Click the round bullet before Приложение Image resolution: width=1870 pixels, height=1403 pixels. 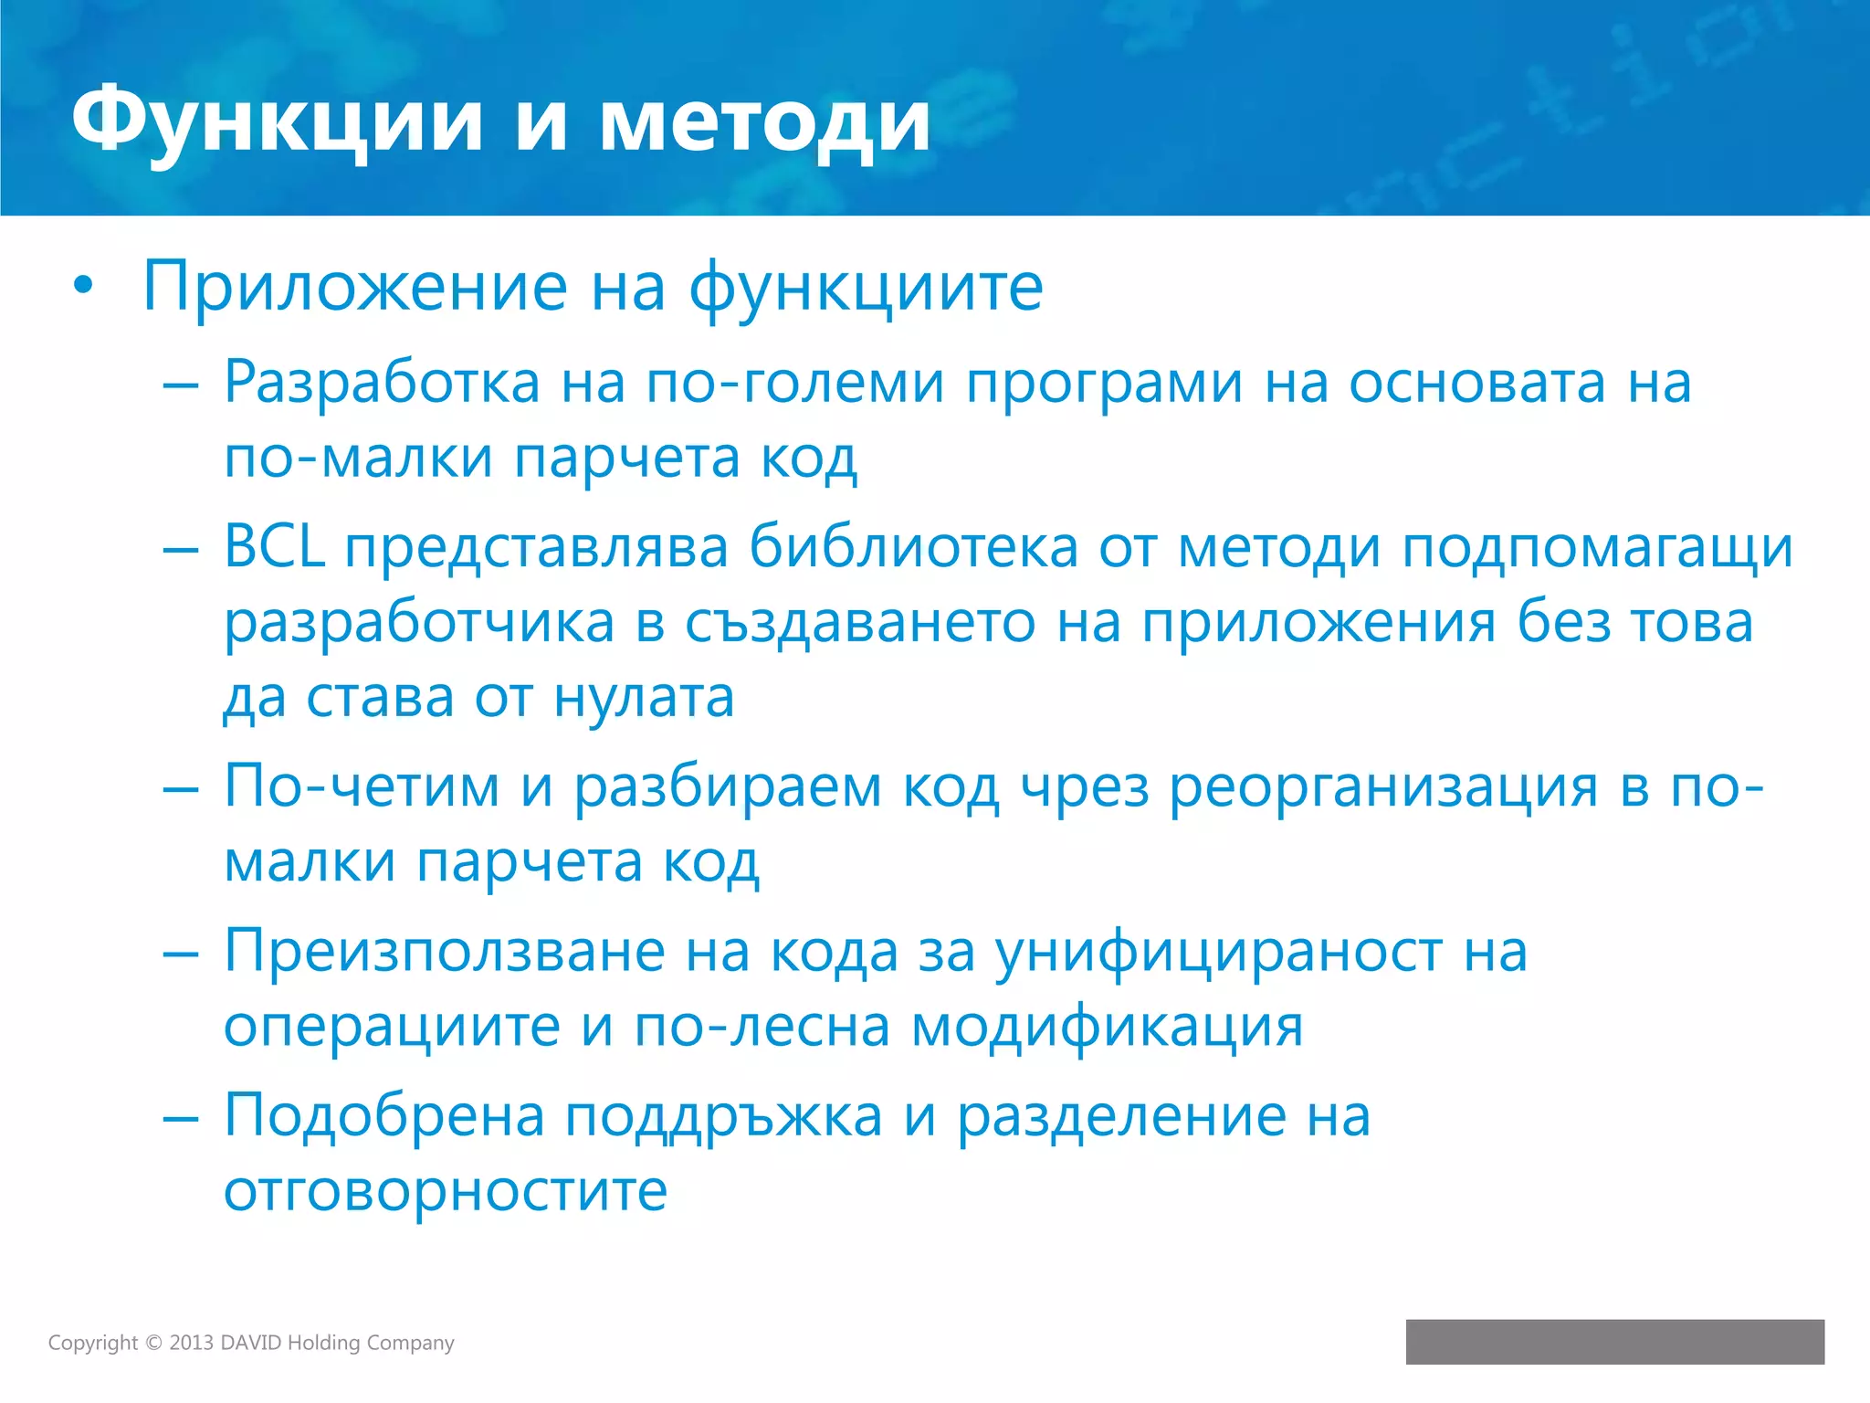pyautogui.click(x=83, y=287)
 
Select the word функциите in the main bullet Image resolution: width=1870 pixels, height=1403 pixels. pyautogui.click(x=866, y=287)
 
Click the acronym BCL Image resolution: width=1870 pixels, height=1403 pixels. pyautogui.click(x=274, y=547)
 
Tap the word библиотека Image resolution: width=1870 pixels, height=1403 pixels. pyautogui.click(x=913, y=547)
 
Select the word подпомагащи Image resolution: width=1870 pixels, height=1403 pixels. pyautogui.click(x=1597, y=549)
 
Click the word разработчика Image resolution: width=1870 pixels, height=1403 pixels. pyautogui.click(x=419, y=624)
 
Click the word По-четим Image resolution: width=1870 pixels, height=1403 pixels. pyautogui.click(x=362, y=786)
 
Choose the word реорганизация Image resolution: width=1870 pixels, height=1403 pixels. pyautogui.click(x=1383, y=788)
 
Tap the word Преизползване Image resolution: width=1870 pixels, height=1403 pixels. pyautogui.click(x=445, y=952)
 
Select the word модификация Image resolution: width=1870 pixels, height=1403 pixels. pyautogui.click(x=1107, y=1027)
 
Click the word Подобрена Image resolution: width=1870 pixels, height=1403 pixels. pyautogui.click(x=384, y=1116)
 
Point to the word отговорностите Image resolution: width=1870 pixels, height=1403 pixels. pyautogui.click(x=446, y=1190)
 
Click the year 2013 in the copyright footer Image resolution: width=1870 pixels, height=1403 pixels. pyautogui.click(x=191, y=1343)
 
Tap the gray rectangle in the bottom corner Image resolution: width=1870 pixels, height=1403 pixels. pyautogui.click(x=1614, y=1342)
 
